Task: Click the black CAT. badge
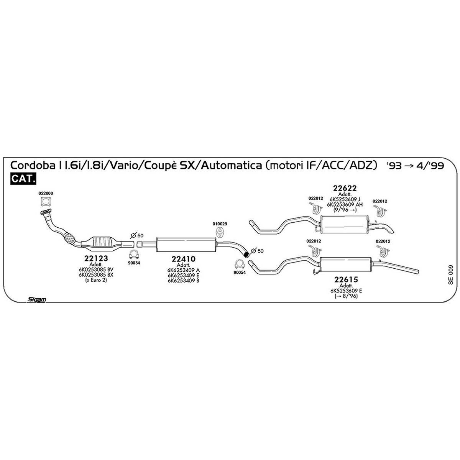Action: (23, 179)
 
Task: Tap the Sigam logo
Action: (36, 300)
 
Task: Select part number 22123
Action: (96, 258)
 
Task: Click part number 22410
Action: (183, 259)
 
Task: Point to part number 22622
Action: (345, 188)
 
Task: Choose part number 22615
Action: (346, 279)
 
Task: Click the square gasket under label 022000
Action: (46, 202)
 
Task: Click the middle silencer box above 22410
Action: (186, 245)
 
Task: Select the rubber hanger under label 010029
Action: (219, 233)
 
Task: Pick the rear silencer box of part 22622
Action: (344, 225)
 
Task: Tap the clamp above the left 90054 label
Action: (134, 255)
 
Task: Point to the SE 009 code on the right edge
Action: (450, 275)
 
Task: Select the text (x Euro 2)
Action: (96, 280)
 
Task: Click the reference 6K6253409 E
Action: (183, 275)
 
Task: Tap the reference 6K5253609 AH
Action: (345, 205)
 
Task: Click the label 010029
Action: (220, 224)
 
